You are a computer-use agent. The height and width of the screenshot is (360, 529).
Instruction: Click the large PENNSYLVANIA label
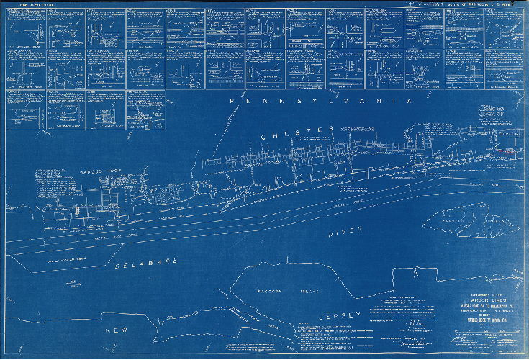pos(320,102)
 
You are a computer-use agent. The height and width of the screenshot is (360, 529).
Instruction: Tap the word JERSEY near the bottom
pos(330,316)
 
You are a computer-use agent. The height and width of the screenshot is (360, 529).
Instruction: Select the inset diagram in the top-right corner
pos(504,28)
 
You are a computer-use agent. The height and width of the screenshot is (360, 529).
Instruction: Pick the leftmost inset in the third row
pos(24,109)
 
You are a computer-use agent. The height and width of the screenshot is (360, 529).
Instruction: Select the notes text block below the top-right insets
pos(497,115)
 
